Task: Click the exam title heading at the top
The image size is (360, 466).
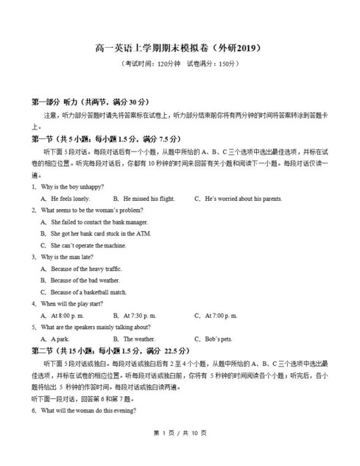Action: point(179,47)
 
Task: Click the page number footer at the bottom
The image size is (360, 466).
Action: point(180,451)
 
